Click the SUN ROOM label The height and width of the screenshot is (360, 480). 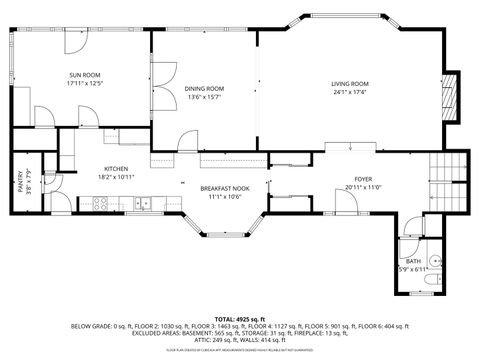coord(85,75)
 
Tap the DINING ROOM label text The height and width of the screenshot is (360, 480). coord(204,88)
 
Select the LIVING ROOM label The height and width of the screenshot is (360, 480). coord(350,83)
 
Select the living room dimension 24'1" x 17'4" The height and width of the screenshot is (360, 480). coord(350,92)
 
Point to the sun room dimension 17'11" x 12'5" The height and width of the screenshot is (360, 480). coord(85,84)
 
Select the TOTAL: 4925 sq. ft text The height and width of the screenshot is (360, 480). coord(239,316)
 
